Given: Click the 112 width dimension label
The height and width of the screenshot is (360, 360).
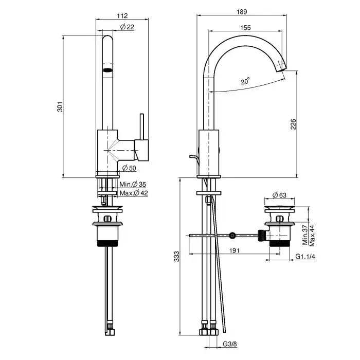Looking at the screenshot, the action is point(122,15).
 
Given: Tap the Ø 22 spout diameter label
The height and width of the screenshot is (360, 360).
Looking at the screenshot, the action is point(127,27).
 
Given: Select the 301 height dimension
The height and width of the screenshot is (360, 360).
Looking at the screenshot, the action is point(60,106).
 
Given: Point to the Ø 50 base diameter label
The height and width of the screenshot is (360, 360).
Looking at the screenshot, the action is point(129,168).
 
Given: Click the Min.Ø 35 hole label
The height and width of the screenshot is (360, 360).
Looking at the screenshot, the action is point(133,184).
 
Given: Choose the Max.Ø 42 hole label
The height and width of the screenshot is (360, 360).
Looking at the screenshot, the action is point(134,193).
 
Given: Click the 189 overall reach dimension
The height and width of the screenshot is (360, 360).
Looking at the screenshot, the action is point(242,12).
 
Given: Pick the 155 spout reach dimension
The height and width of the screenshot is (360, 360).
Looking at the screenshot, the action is point(245,28).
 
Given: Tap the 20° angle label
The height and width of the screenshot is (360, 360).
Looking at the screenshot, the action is point(245,81).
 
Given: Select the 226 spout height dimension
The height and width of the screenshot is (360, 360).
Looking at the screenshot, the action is point(294,124).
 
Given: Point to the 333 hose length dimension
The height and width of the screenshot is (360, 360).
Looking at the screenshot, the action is point(176,257).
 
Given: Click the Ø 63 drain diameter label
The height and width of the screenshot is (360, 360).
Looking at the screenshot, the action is point(279,195).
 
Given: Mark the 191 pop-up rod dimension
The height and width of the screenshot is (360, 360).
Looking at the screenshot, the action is point(234,250).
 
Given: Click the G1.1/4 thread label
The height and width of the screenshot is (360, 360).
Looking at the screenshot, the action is point(305,256).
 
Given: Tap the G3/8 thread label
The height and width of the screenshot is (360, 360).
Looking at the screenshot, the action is point(230,344).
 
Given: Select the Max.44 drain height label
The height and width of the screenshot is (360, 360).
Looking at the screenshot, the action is point(312,236).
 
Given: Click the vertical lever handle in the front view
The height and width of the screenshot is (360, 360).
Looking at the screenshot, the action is point(142,127).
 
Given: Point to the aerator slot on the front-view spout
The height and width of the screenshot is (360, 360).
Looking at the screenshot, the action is point(107,70).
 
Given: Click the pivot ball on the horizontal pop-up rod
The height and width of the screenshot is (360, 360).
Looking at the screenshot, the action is point(232,235).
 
